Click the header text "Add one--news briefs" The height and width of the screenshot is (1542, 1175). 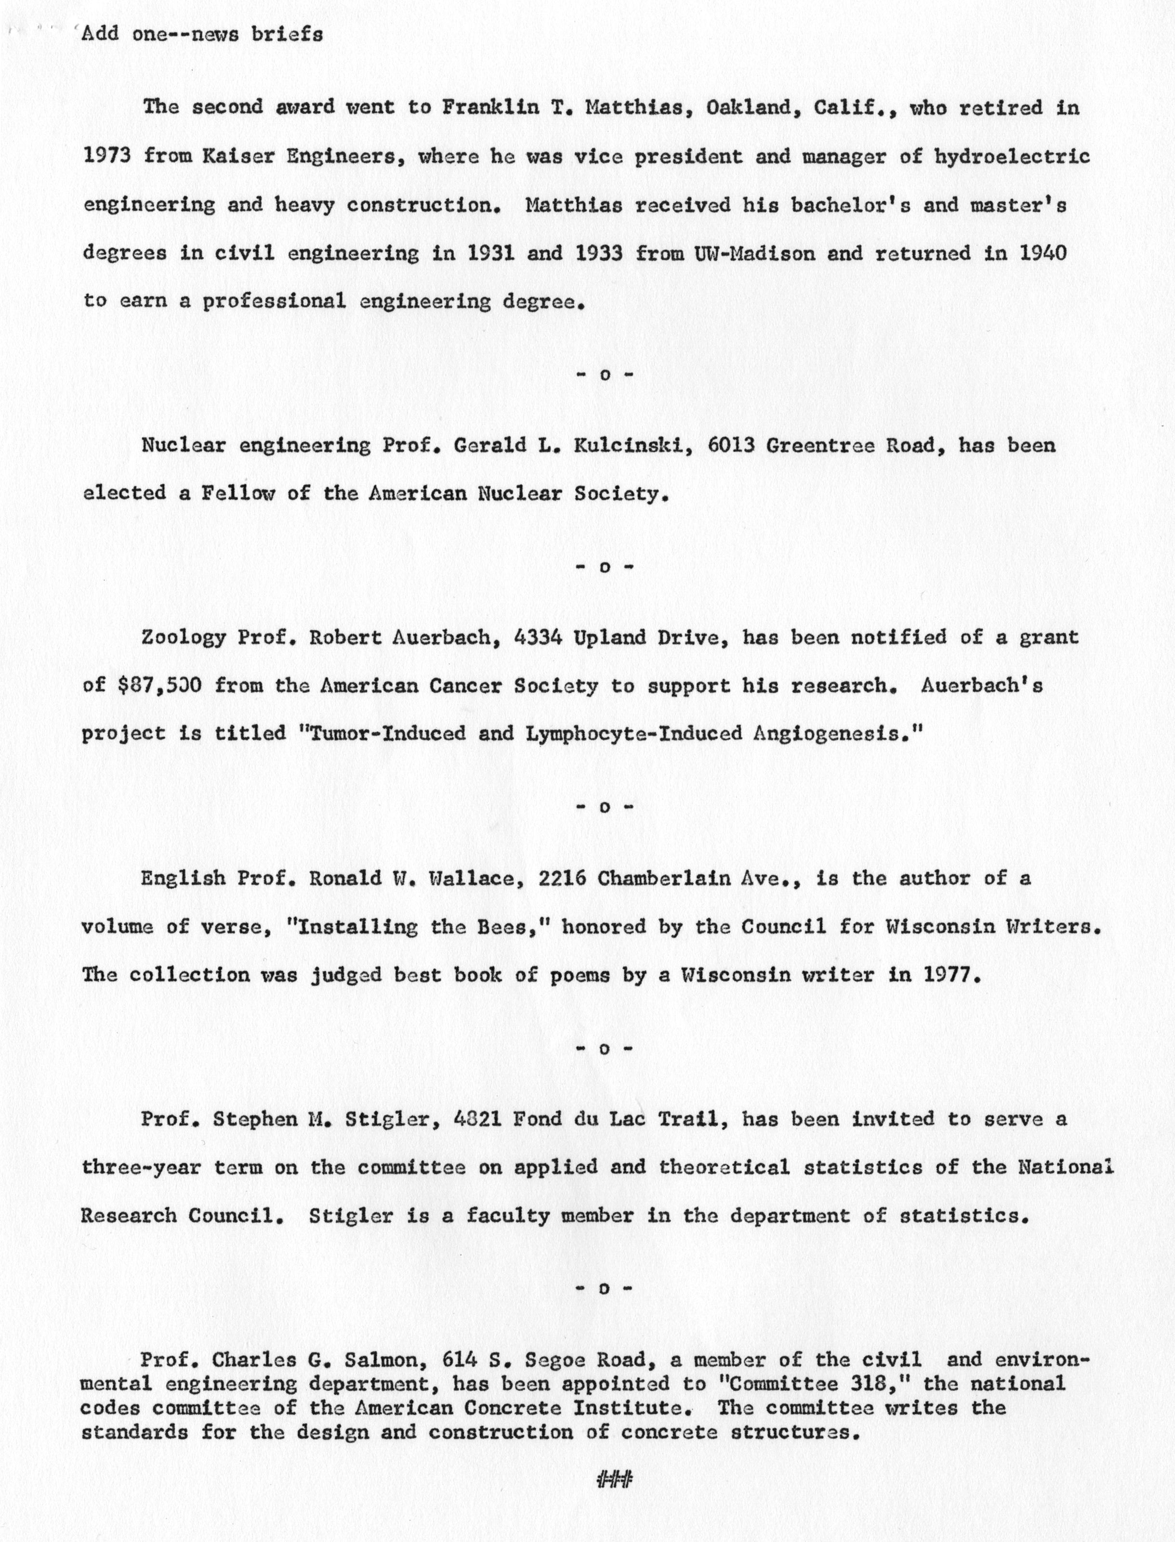click(x=202, y=34)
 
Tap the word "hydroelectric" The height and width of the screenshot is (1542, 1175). click(x=1012, y=156)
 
